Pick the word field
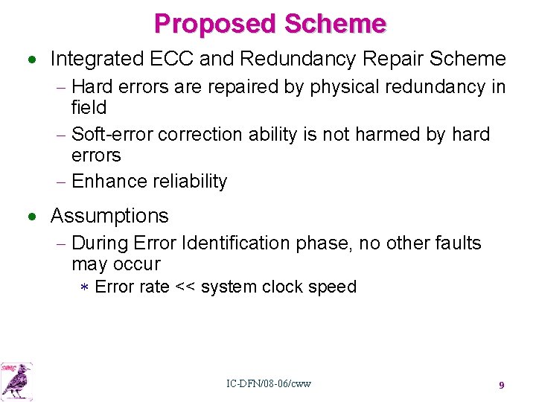(89, 108)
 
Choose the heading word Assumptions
(109, 216)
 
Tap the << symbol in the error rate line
(185, 287)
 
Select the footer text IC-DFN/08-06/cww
(269, 384)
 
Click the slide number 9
(502, 385)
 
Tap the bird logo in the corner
(16, 380)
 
